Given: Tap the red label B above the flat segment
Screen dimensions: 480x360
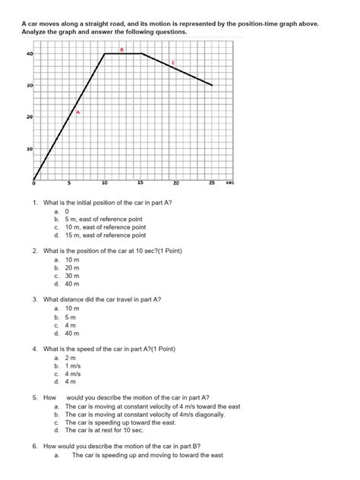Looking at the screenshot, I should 121,49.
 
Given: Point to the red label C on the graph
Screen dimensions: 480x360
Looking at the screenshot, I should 173,62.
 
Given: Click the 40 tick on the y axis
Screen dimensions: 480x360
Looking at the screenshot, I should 29,54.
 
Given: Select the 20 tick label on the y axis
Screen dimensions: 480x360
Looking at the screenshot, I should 29,118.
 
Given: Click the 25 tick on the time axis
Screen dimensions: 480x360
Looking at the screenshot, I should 212,184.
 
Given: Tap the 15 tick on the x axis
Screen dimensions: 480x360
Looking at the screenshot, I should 141,184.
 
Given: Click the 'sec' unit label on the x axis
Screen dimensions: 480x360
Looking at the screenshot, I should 230,184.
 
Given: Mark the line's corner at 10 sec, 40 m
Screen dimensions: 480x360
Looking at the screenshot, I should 105,54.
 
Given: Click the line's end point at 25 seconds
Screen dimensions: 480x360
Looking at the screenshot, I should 212,85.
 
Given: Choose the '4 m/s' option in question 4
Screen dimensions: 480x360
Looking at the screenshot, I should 74,374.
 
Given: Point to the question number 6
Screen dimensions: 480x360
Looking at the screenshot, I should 36,446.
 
